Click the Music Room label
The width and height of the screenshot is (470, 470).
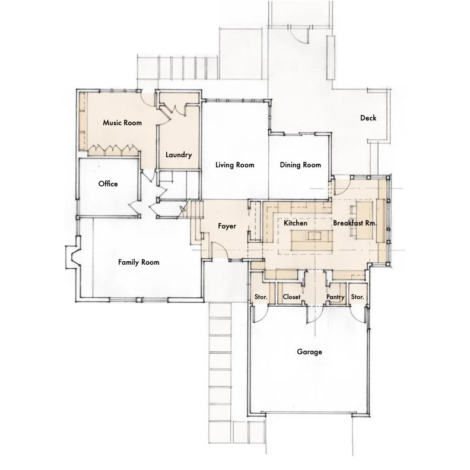coord(122,123)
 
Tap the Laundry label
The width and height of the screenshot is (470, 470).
coord(179,155)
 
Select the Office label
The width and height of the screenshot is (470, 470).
coord(108,184)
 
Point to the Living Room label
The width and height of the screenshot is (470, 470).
coord(234,165)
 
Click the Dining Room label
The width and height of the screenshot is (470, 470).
coord(300,165)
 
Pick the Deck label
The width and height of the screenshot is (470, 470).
coord(368,118)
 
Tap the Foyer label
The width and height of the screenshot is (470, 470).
coord(227,226)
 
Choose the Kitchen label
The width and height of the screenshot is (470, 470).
coord(296,223)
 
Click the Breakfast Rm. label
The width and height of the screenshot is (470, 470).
coord(355,223)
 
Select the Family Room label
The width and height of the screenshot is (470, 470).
coord(138,262)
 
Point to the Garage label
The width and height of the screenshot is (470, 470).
coord(309,351)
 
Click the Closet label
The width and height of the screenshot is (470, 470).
coord(291,297)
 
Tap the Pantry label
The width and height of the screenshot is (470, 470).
coord(335,297)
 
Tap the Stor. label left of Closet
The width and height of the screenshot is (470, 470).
coord(261,297)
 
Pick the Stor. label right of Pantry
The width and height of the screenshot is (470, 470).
coord(357,297)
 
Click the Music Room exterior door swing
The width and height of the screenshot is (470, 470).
coord(148,100)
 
